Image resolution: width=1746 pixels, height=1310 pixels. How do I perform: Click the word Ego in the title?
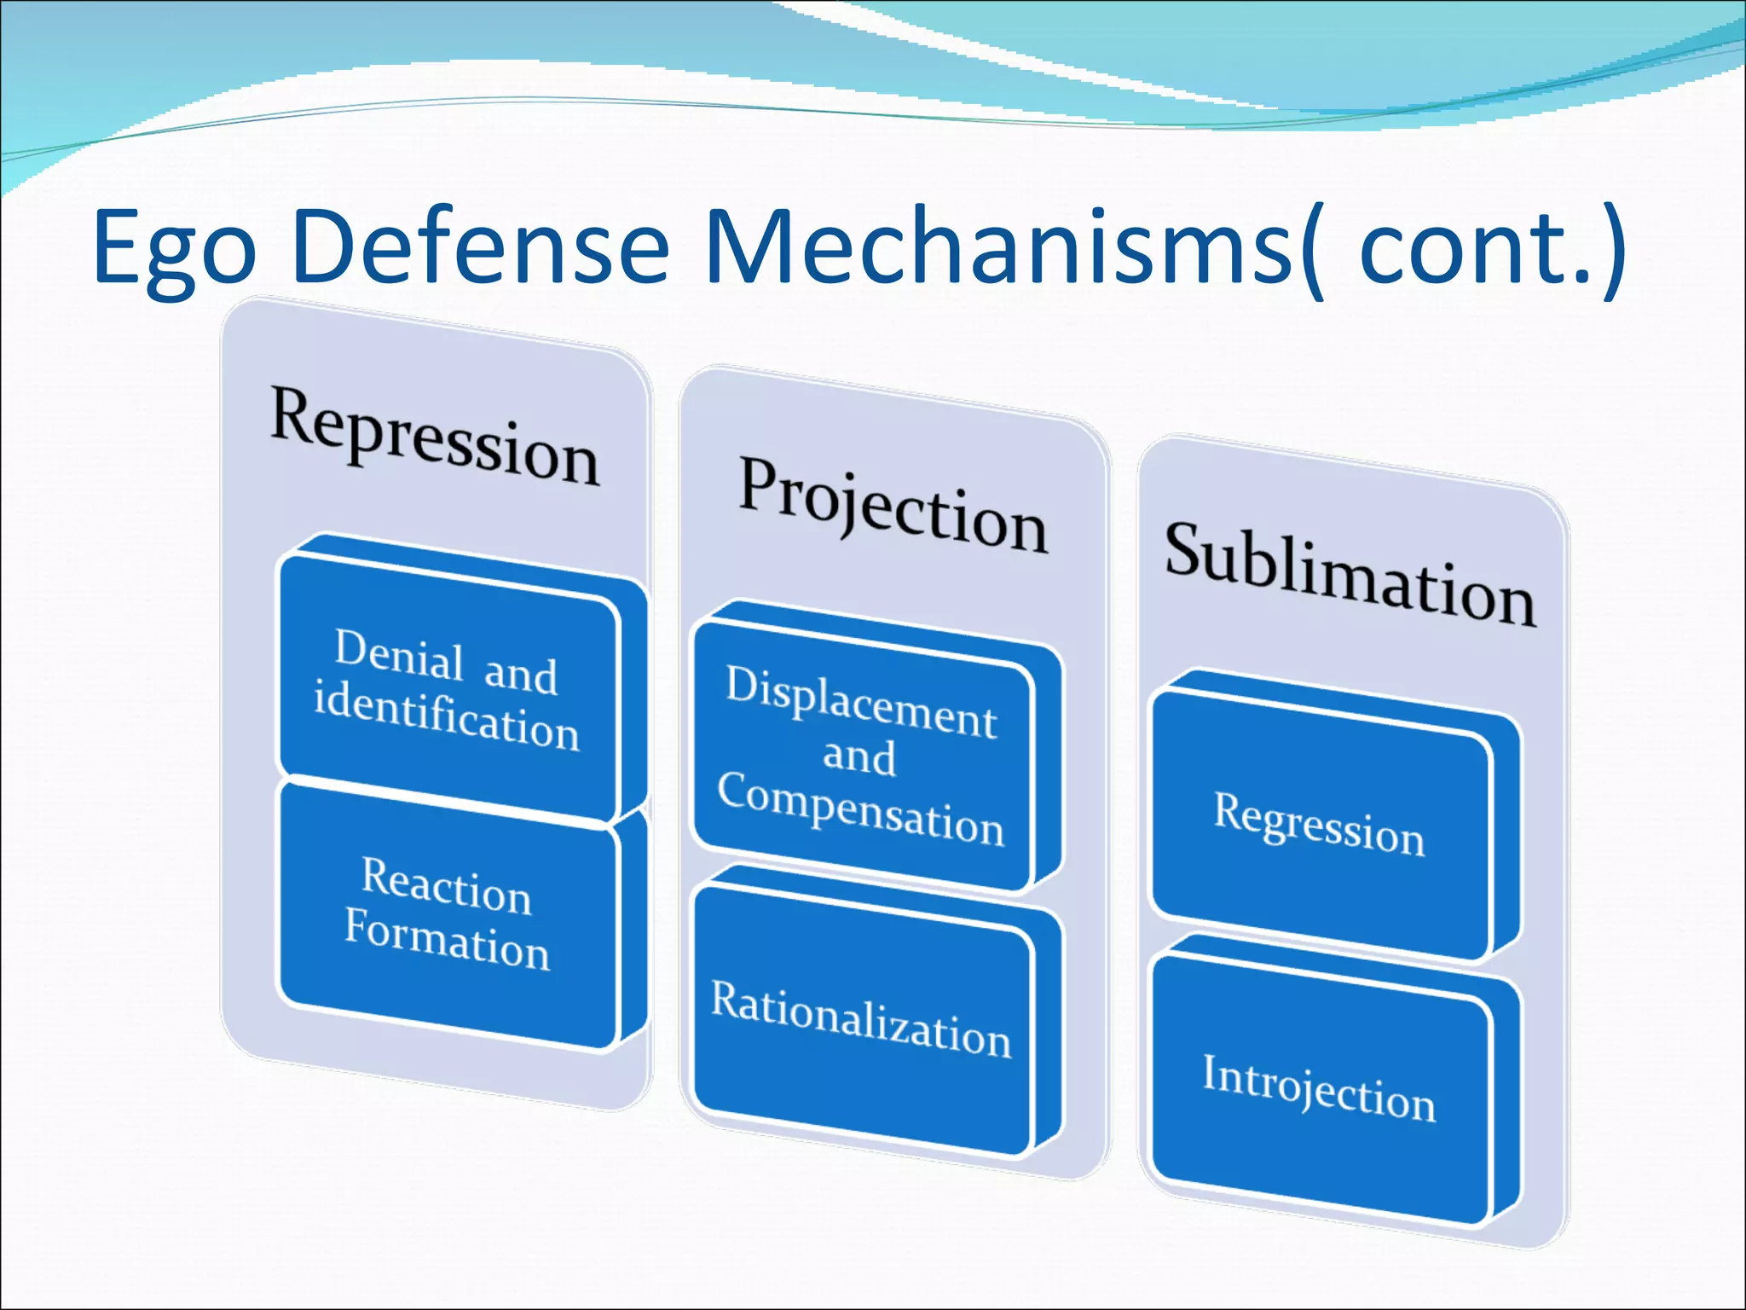click(x=175, y=250)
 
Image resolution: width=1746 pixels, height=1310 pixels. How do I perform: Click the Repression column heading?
click(x=435, y=436)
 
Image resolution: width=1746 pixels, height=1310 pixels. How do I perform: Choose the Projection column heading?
click(x=893, y=507)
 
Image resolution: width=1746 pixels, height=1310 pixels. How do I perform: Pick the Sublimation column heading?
click(x=1350, y=575)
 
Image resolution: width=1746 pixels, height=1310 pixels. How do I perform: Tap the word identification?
click(x=446, y=716)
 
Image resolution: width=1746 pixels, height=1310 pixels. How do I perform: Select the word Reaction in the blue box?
click(x=446, y=886)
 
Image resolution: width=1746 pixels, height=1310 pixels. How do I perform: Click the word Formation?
click(x=447, y=939)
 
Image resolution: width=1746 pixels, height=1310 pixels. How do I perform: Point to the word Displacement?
click(x=861, y=702)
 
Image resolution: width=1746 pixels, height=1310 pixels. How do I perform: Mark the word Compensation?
click(x=860, y=809)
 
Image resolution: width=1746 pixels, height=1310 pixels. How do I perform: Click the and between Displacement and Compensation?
click(x=859, y=756)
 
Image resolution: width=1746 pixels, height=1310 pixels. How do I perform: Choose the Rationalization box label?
click(x=861, y=1019)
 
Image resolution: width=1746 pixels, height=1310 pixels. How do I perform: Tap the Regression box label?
click(x=1319, y=823)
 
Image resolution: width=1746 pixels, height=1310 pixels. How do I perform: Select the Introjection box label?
click(x=1319, y=1088)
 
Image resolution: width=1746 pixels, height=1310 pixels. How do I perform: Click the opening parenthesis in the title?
click(x=1314, y=252)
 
